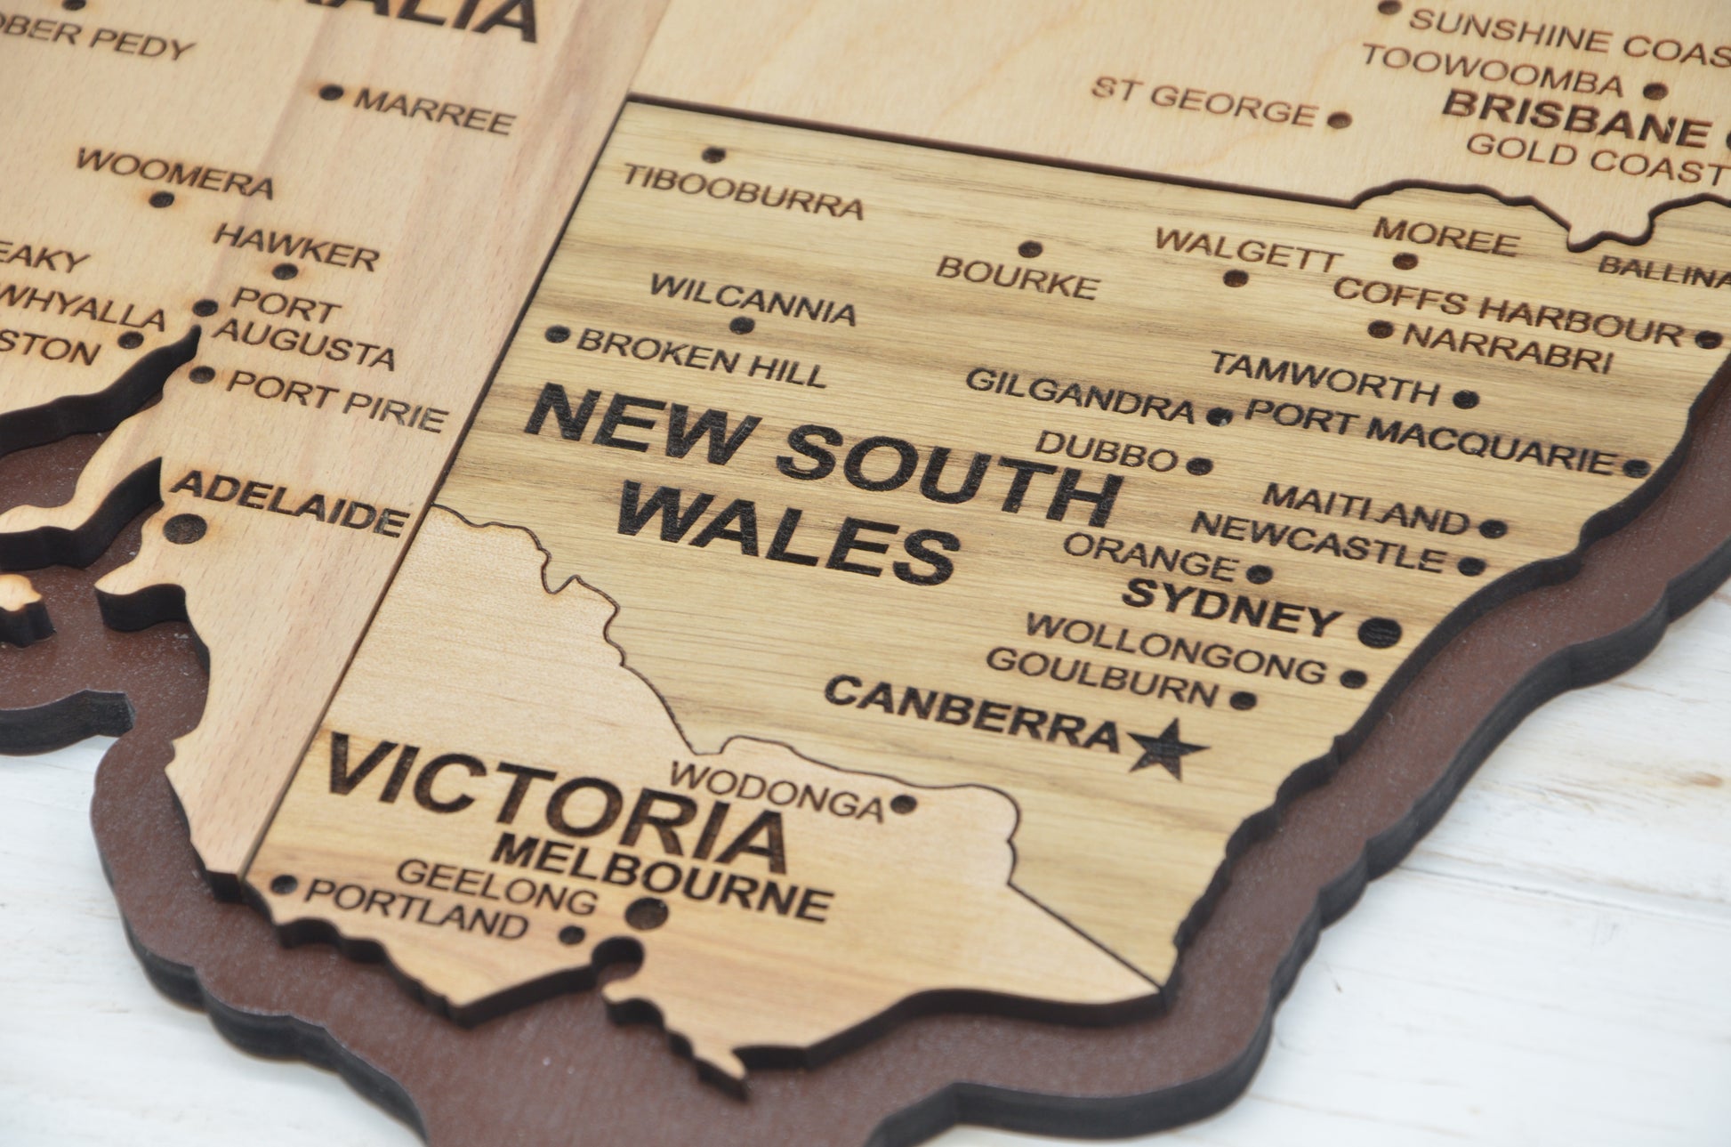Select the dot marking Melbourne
point(648,911)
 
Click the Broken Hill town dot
point(557,335)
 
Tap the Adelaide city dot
point(185,528)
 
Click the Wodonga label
point(777,790)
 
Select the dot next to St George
point(1338,118)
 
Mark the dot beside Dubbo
point(1199,465)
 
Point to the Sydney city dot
point(1379,631)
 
